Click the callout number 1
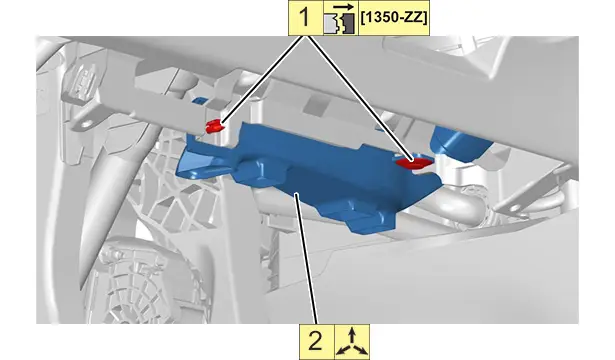[306, 18]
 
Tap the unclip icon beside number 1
[340, 18]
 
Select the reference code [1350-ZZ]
[394, 18]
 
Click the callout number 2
[317, 341]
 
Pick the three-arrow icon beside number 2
[352, 341]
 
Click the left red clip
[214, 126]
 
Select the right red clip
[413, 162]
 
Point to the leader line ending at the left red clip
[263, 80]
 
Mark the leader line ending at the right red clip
[360, 98]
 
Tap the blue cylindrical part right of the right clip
[459, 143]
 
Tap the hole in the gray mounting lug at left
[87, 124]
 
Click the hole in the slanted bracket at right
[515, 208]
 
